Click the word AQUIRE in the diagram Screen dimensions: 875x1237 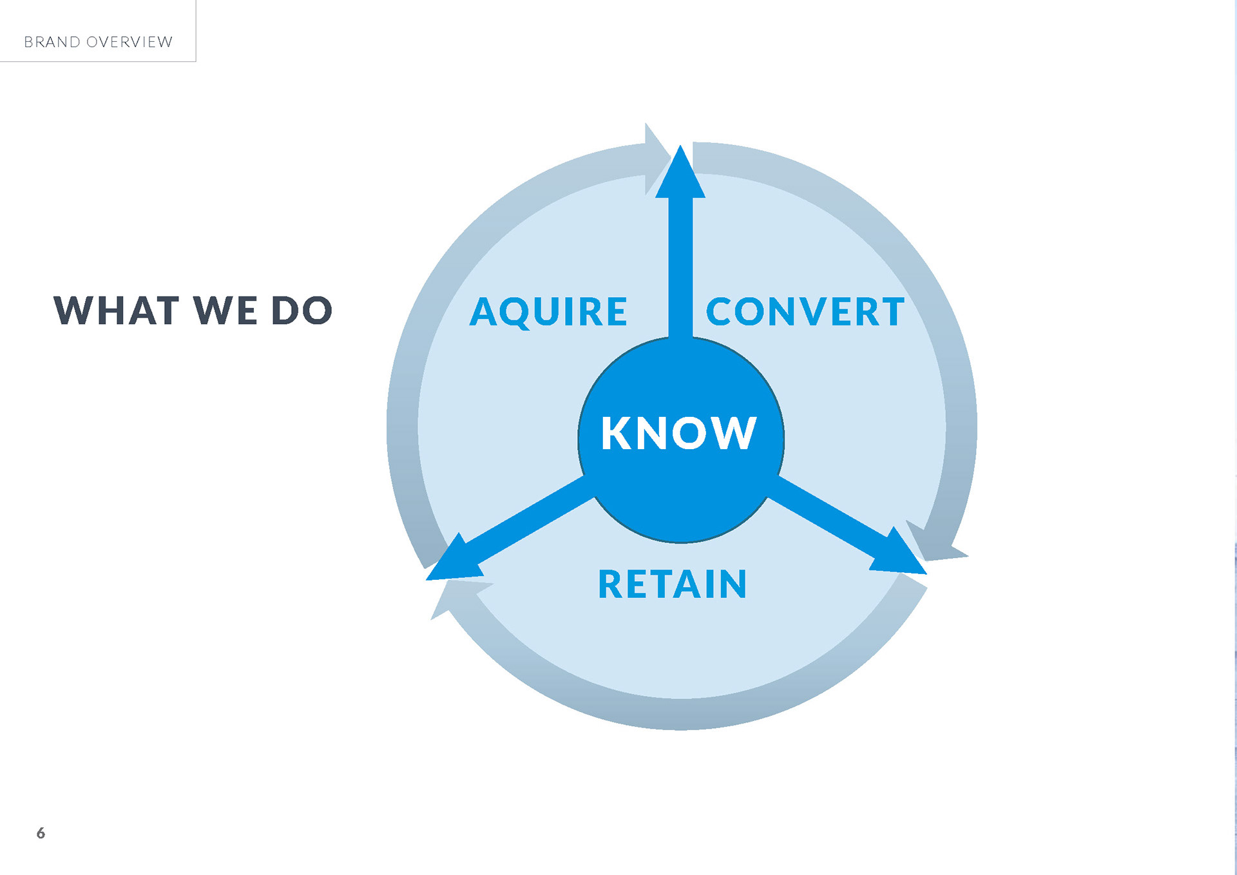coord(548,312)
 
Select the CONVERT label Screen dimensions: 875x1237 coord(805,312)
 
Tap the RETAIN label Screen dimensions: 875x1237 coord(673,584)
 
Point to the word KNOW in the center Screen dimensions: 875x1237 coord(678,433)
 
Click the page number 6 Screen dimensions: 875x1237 coord(41,833)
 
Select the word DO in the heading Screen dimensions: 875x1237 coord(302,311)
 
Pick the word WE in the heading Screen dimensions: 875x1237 coord(225,311)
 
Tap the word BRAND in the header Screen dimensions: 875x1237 coord(52,42)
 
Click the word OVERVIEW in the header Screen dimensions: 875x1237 coord(129,42)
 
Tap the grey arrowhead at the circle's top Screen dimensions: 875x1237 coord(655,158)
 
